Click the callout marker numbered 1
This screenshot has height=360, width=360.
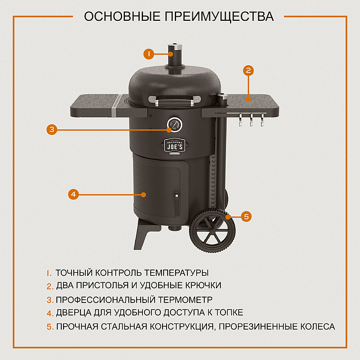click(148, 54)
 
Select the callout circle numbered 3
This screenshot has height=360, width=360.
click(51, 129)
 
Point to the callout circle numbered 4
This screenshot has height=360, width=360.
click(73, 194)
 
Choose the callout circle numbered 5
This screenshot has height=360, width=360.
click(246, 215)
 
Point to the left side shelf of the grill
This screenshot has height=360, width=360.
click(93, 104)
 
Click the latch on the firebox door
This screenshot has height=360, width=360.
click(177, 197)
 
